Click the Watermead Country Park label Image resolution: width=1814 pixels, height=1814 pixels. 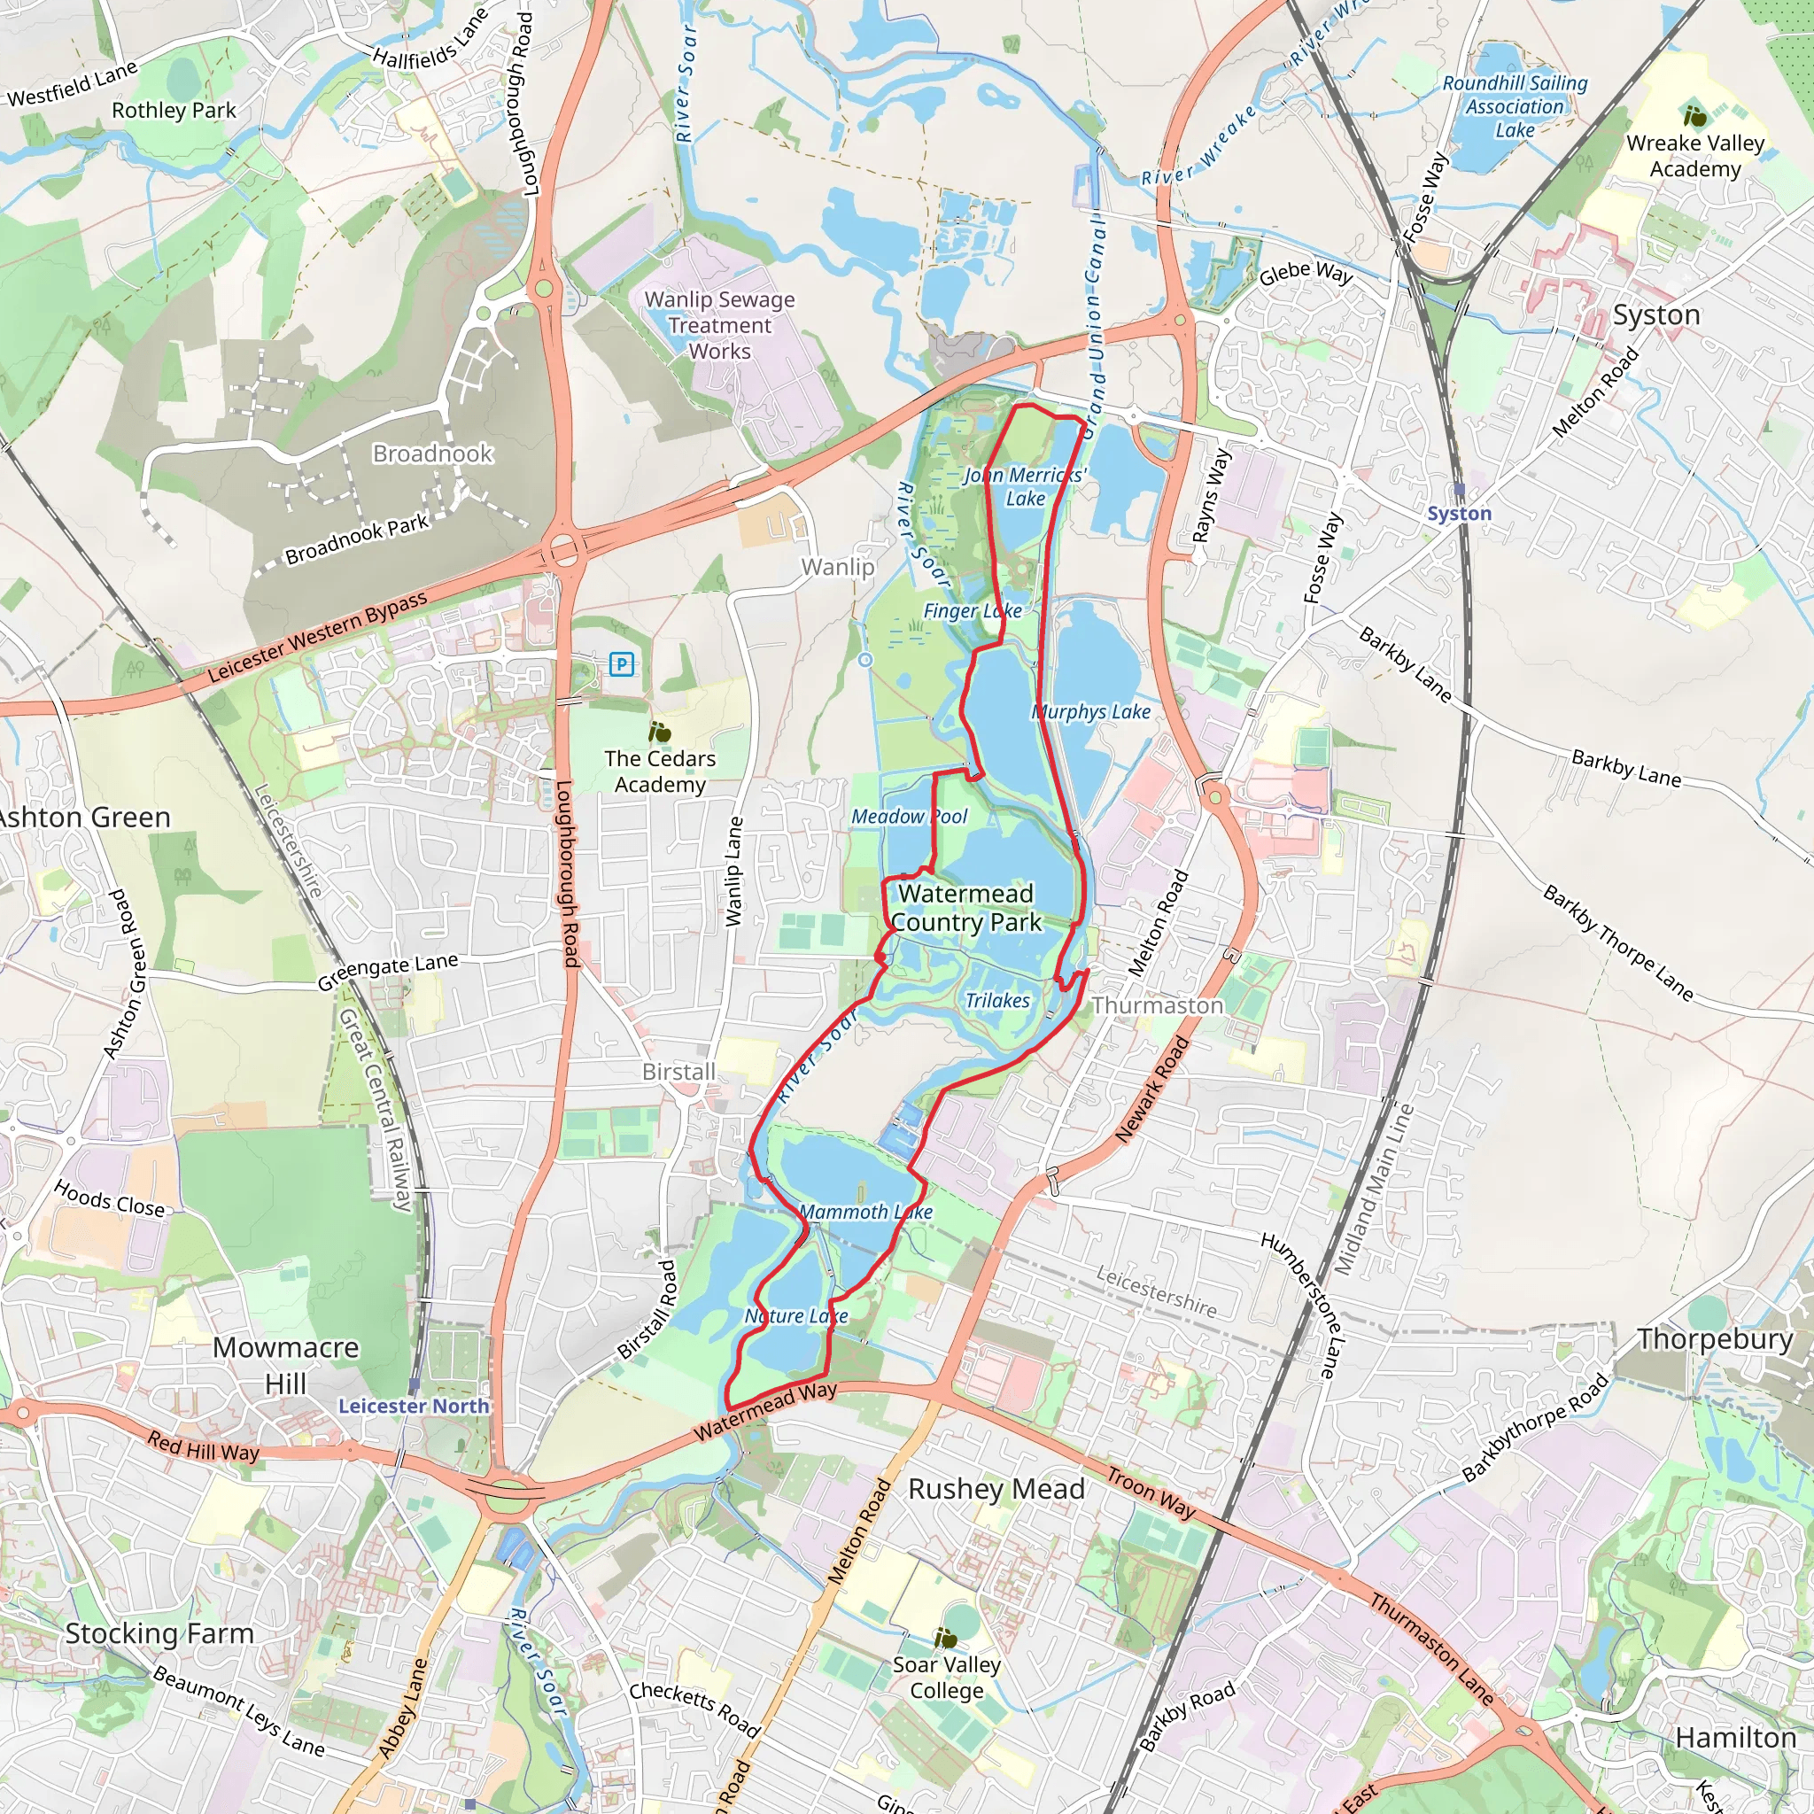click(x=965, y=907)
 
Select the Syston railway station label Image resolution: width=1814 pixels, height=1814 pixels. click(x=1458, y=514)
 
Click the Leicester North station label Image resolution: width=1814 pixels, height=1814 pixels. click(x=413, y=1406)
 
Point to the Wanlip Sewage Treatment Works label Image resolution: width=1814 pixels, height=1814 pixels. click(x=719, y=325)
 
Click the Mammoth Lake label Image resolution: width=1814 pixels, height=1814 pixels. click(x=864, y=1213)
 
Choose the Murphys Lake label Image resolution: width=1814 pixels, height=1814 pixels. click(x=1091, y=712)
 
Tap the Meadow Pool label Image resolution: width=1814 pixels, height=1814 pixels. click(x=908, y=816)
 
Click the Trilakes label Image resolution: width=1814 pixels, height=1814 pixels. click(x=997, y=1001)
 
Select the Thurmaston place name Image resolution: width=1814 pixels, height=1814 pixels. click(x=1157, y=1005)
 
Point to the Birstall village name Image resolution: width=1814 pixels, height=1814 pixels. click(x=678, y=1072)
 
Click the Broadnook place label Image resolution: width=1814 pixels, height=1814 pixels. click(x=432, y=453)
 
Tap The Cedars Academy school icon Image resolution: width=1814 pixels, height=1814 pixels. click(x=659, y=732)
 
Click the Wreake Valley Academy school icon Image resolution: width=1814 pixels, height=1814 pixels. click(x=1694, y=116)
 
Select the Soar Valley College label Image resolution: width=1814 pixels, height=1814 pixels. click(x=947, y=1677)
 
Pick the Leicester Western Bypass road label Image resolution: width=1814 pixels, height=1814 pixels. click(x=316, y=637)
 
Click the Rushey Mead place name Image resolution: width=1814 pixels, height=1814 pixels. click(x=996, y=1489)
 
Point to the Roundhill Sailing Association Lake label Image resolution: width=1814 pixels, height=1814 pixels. click(x=1515, y=106)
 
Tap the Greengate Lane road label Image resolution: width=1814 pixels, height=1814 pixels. click(x=387, y=971)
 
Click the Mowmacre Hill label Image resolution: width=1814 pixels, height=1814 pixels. click(x=285, y=1365)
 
